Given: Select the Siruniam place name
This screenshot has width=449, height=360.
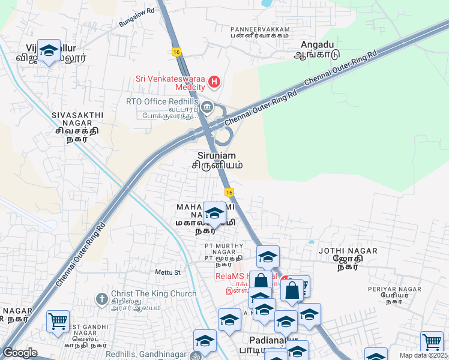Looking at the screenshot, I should [217, 158].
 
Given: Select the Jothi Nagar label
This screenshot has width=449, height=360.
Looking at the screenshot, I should [348, 256].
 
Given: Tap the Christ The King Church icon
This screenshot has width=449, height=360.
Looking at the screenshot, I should [103, 298].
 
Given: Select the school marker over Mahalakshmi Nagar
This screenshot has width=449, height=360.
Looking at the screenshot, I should [214, 213].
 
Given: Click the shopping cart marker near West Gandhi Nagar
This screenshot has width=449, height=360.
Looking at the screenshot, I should [58, 321].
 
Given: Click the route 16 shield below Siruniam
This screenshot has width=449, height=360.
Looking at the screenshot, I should [229, 192].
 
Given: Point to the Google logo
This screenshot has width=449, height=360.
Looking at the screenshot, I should [20, 353].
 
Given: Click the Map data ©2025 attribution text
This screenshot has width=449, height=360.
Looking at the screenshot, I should [424, 355].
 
